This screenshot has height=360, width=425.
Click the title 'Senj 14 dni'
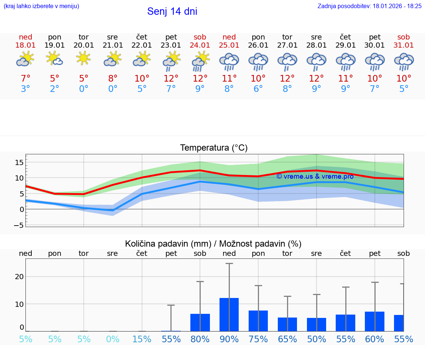click(172, 11)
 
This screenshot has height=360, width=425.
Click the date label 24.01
click(200, 45)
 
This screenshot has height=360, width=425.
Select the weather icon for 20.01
click(84, 59)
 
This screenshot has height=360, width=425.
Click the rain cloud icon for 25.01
click(229, 61)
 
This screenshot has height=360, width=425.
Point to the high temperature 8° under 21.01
click(113, 79)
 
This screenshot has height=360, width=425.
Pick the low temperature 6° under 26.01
click(258, 89)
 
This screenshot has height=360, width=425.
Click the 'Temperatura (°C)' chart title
click(214, 148)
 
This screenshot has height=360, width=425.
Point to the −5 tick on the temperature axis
click(19, 225)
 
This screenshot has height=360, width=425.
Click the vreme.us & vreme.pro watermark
click(315, 176)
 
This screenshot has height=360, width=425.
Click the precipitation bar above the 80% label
click(200, 322)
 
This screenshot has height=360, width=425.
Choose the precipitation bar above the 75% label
click(258, 321)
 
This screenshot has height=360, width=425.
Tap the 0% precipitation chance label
click(113, 339)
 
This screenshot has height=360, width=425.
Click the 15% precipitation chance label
click(142, 339)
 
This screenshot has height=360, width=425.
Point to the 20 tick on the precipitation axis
click(20, 277)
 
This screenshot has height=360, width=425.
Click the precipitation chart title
click(213, 244)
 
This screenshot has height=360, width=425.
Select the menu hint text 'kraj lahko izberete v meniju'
click(41, 6)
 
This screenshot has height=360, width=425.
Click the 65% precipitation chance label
click(287, 339)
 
